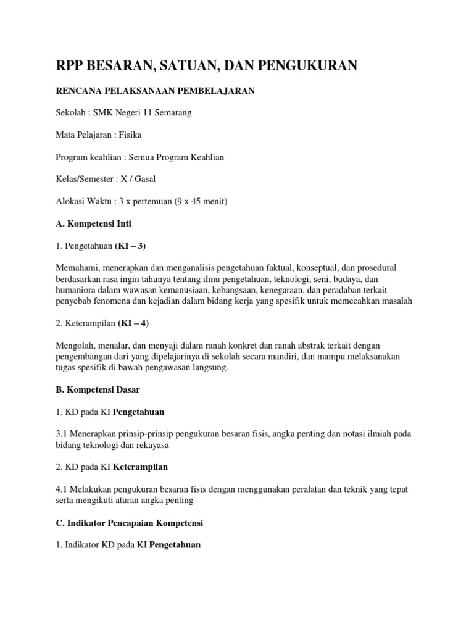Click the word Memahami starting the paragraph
coord(77,268)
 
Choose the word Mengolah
coord(75,345)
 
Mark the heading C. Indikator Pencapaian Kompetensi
coord(130,523)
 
